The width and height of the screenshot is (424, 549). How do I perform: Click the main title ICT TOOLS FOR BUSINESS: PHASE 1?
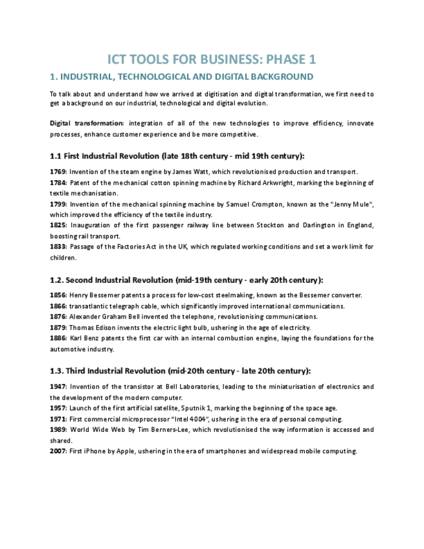click(212, 60)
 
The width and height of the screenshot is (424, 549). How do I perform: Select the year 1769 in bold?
click(58, 172)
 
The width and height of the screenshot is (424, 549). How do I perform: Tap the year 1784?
click(58, 183)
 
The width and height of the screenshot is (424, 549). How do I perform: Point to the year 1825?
click(58, 225)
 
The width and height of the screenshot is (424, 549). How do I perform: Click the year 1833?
click(58, 247)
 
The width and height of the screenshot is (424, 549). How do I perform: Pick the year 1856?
click(58, 295)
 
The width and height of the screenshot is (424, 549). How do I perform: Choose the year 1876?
click(58, 317)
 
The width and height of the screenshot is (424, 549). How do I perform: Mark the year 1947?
click(58, 387)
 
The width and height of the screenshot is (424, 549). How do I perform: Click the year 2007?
click(58, 451)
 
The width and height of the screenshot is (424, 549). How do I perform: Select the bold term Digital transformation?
click(87, 123)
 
